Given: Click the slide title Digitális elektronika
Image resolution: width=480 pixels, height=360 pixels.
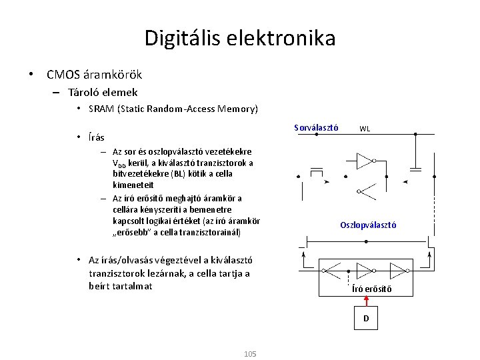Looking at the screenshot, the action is pos(240,38).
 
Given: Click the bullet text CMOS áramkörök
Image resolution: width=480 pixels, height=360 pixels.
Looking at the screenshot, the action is pos(94,75).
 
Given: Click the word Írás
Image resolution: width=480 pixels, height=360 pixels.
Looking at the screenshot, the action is pos(96,137).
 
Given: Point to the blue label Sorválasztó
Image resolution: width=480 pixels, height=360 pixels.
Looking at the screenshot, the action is pos(317,127).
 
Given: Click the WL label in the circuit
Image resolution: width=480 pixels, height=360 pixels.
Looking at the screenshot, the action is pos(365,129).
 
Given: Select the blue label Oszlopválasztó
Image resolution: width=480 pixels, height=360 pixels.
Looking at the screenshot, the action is pos(368,225).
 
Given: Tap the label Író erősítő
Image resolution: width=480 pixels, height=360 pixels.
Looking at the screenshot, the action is pos(371,289).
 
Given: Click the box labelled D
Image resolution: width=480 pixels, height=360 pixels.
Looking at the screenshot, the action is pos(365,318).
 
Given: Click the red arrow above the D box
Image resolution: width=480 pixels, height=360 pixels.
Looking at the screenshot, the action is pos(365,301).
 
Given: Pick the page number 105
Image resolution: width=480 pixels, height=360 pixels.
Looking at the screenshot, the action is pos(250,353).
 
